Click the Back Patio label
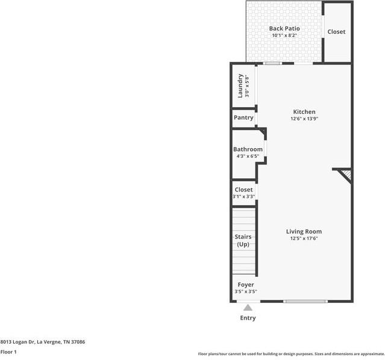pos(284,28)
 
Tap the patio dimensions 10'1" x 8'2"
pos(284,36)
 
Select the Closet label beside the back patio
pos(336,31)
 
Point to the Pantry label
pos(243,117)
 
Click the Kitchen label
pos(304,112)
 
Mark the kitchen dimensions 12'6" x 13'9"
pos(304,119)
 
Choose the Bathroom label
pos(248,149)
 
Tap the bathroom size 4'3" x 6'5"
pos(248,157)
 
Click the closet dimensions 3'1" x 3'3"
pos(243,196)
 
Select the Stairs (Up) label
pos(243,240)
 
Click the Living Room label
pos(304,231)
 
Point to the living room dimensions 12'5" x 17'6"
pos(304,238)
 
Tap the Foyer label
pos(246,285)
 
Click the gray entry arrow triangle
pos(248,308)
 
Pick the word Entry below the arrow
pos(248,318)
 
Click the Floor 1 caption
pos(8,352)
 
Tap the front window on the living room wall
pos(305,301)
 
